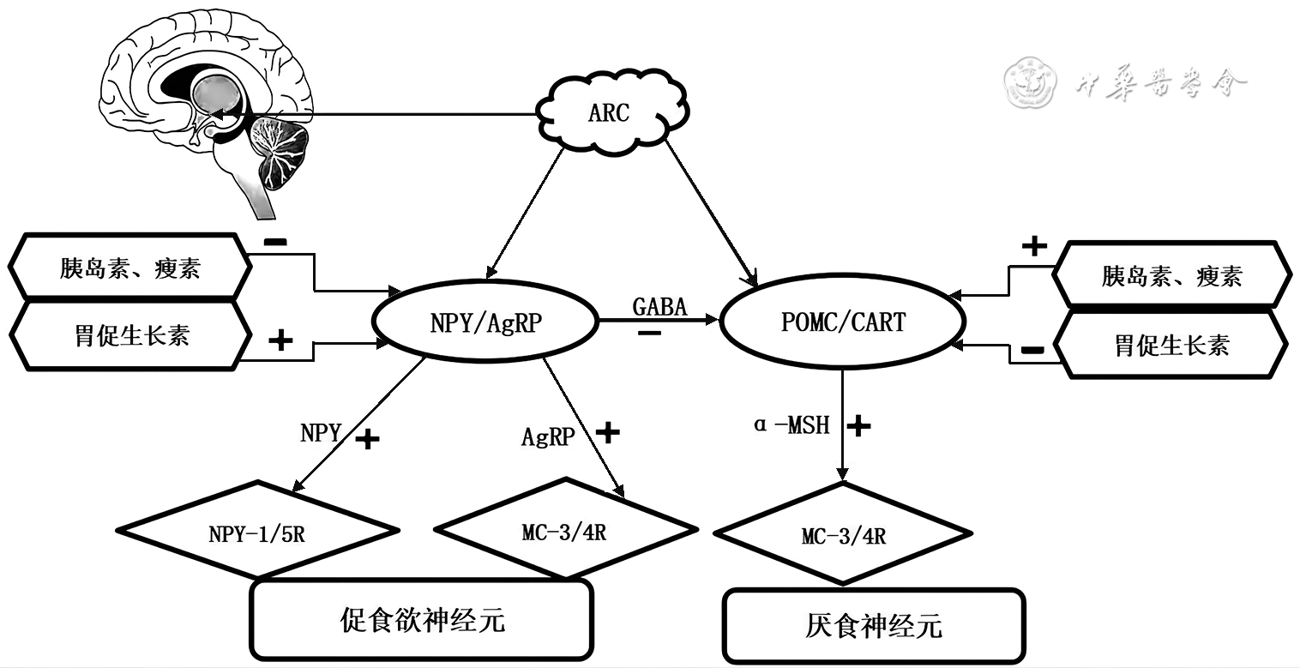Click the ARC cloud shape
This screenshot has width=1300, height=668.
coord(610,112)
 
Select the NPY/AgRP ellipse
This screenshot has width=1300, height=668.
coord(484,322)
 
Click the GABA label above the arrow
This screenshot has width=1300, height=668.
coord(659,305)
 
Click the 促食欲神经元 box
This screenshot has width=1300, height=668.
coord(421,620)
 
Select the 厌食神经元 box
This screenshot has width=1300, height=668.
coord(874,625)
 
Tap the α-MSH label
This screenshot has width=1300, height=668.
coord(791,424)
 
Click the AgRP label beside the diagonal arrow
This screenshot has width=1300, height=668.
coord(548,436)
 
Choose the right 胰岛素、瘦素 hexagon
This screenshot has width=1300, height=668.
coord(1171,276)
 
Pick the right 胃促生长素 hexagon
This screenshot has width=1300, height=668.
coord(1171,345)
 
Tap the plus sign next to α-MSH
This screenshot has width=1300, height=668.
coord(858,424)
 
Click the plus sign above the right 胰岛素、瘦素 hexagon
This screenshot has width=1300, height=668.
coord(1034,247)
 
